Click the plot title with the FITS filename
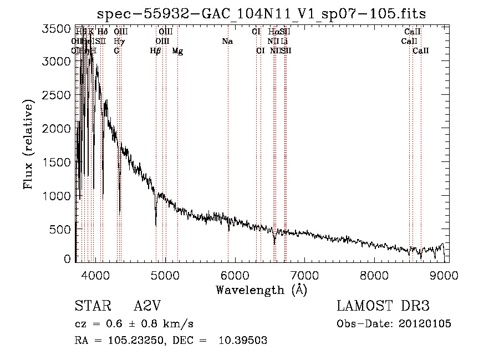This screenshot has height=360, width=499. coord(261,14)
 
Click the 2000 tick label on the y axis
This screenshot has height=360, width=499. coord(58,129)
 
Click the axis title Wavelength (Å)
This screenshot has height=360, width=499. coord(261,290)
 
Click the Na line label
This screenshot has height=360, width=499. coord(227,42)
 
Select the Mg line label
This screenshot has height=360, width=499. coord(177,51)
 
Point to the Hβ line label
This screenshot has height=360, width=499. coord(156,51)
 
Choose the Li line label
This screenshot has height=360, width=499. coord(284,42)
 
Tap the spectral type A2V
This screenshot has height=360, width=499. coord(147,307)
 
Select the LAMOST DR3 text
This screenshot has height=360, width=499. coord(383,306)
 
